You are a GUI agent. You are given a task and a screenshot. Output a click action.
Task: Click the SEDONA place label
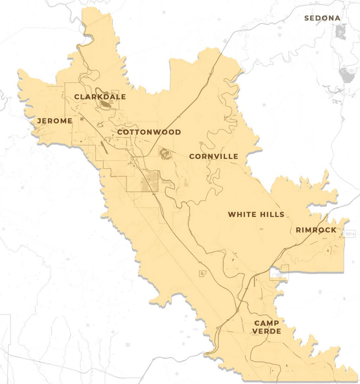pos(322,18)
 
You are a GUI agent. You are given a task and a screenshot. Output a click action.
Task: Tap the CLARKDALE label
pos(100,97)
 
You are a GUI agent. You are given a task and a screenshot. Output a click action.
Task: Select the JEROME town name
pos(55,121)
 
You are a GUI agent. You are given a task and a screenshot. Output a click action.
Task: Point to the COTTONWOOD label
pos(149,132)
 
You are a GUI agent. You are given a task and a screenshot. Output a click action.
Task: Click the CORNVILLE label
pos(213,156)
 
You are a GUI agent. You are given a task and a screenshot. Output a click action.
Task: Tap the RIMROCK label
pos(316,230)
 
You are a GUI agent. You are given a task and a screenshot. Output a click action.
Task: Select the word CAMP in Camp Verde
pos(266,323)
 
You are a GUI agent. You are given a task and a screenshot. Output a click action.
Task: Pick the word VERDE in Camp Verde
pos(266,331)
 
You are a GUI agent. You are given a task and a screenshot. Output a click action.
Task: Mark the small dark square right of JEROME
pos(82,118)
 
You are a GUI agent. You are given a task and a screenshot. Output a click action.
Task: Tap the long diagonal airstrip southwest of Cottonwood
pos(106,147)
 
